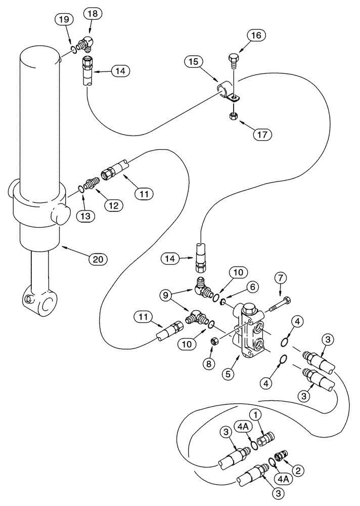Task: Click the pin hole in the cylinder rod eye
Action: point(49,306)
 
